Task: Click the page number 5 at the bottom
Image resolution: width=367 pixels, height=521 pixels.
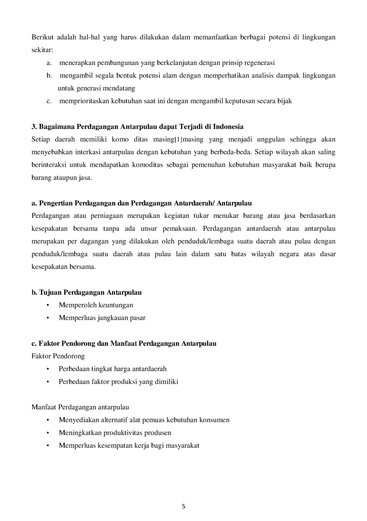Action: (183, 506)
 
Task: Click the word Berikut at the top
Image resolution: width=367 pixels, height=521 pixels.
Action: (42, 37)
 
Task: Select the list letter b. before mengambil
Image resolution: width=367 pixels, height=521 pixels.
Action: (49, 76)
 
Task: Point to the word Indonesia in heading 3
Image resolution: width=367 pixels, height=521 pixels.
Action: (228, 127)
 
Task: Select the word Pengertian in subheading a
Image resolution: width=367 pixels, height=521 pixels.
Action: (56, 203)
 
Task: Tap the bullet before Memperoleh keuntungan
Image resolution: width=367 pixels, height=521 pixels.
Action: (48, 305)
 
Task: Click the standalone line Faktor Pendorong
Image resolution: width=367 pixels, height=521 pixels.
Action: (58, 356)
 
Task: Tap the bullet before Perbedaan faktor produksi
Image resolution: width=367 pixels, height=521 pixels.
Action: (48, 382)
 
